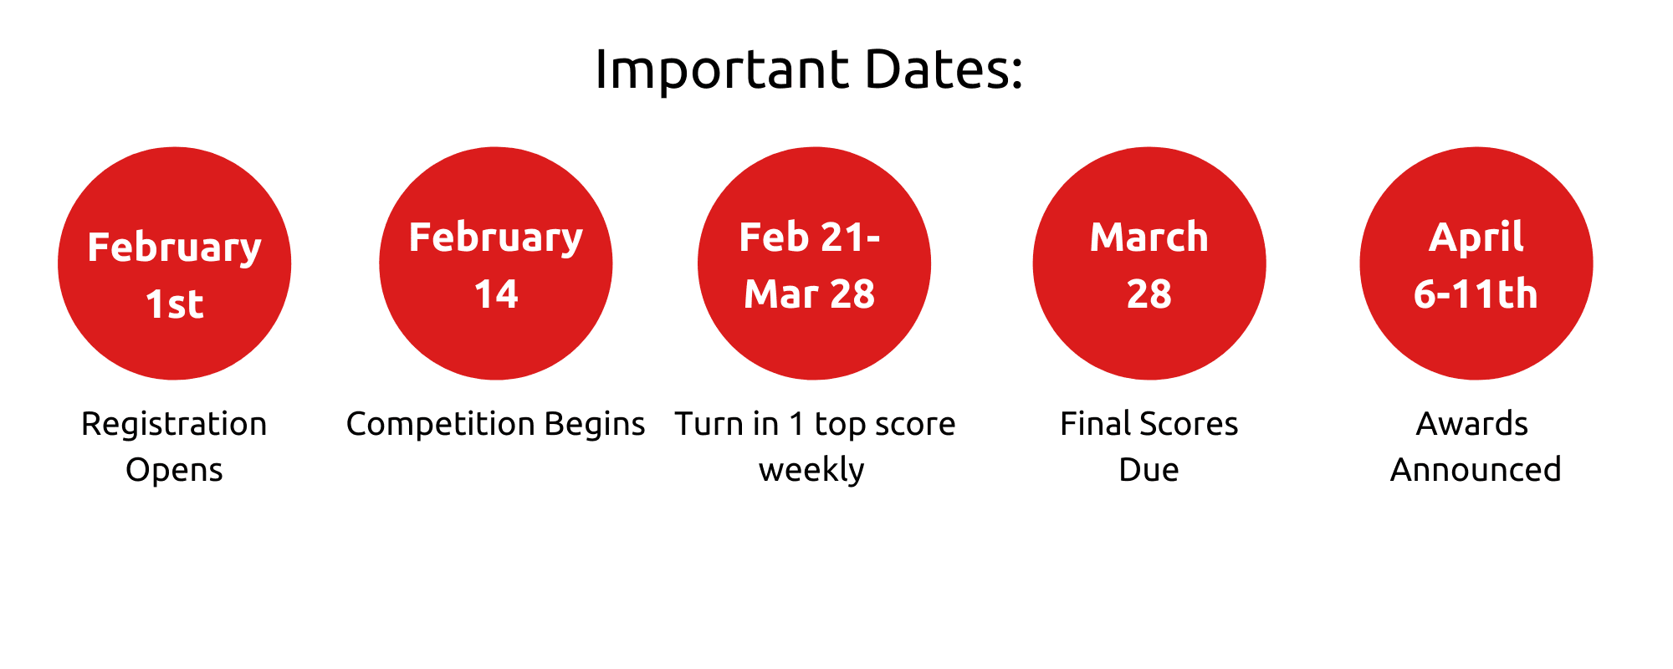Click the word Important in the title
[722, 69]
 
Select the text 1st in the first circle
[174, 304]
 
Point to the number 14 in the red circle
[496, 294]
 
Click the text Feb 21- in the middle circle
[810, 237]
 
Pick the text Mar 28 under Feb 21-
[810, 294]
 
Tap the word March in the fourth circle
[1149, 237]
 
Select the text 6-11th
[1476, 294]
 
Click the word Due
[1149, 470]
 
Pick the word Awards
[1472, 424]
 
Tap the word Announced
[1476, 470]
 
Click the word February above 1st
[174, 248]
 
